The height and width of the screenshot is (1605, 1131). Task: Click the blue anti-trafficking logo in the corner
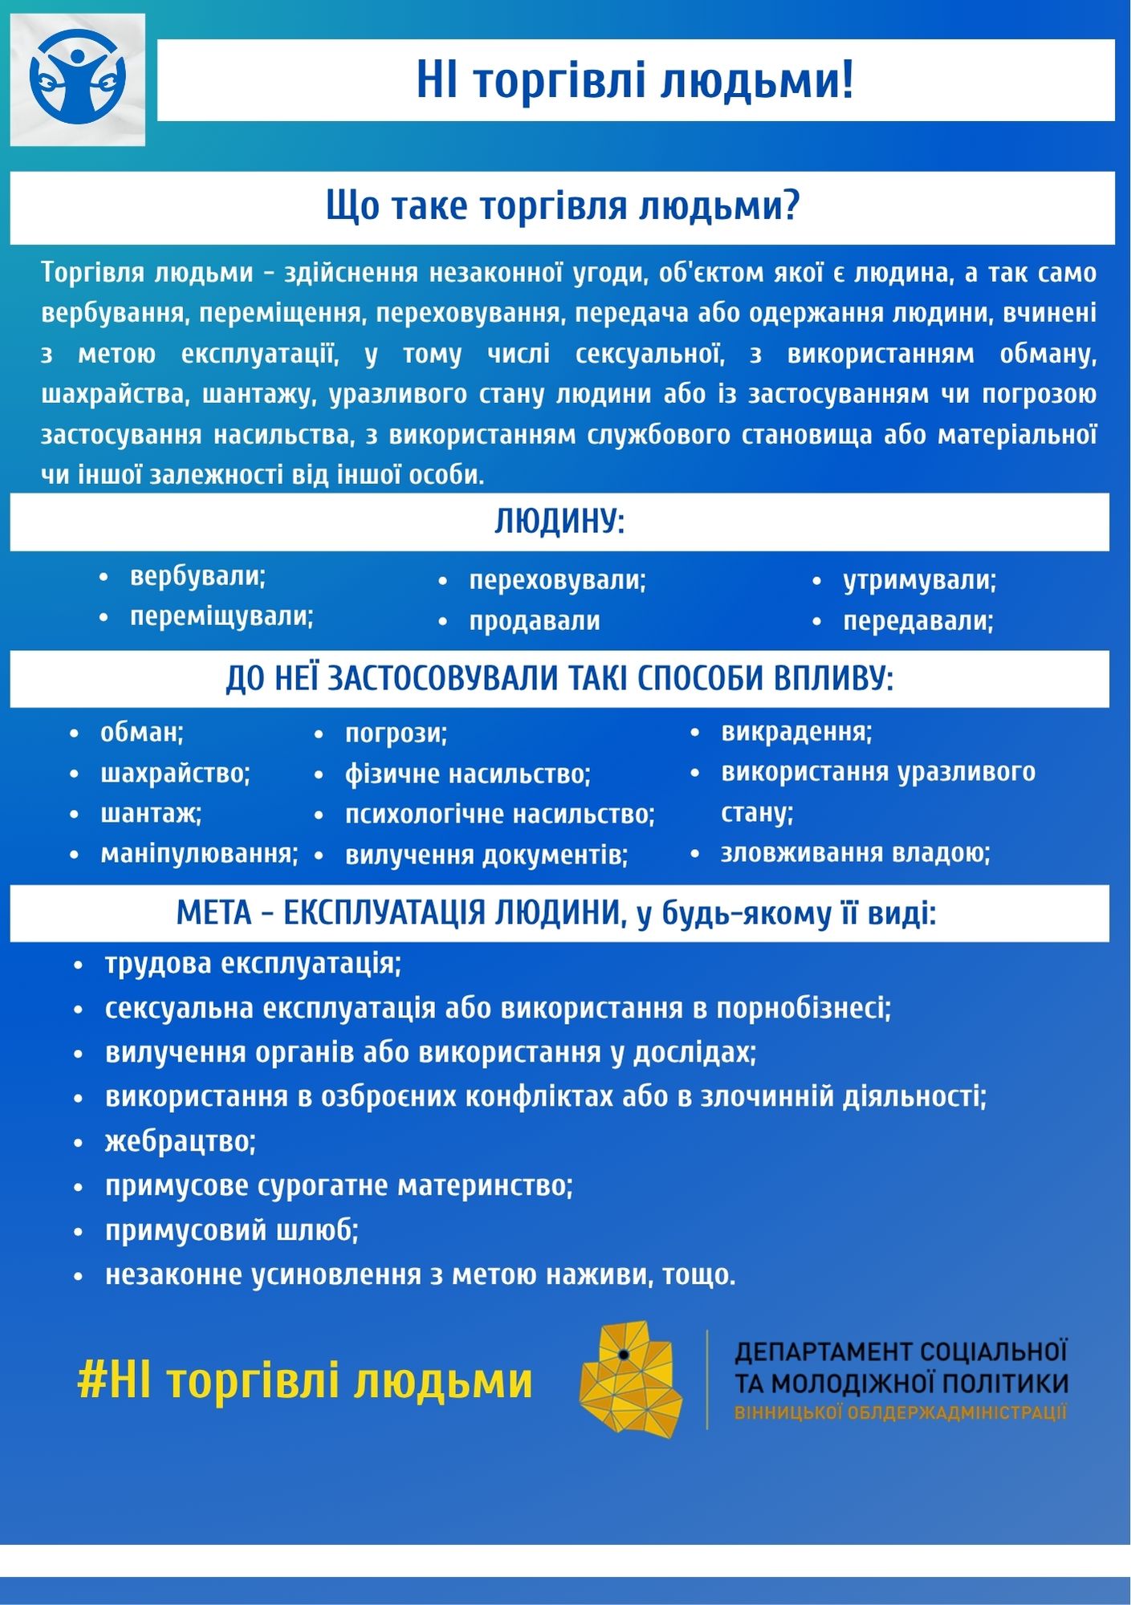pyautogui.click(x=77, y=79)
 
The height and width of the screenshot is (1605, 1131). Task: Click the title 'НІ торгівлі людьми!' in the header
pyautogui.click(x=634, y=80)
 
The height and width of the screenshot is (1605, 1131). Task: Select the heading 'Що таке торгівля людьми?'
pyautogui.click(x=562, y=206)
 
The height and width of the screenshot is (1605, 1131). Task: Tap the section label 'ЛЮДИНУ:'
pyautogui.click(x=559, y=522)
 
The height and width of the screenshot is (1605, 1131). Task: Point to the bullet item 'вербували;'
pyautogui.click(x=197, y=576)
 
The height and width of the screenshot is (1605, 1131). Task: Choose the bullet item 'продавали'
pyautogui.click(x=535, y=620)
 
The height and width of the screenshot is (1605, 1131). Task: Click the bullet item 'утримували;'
pyautogui.click(x=919, y=579)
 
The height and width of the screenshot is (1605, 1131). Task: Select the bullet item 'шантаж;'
pyautogui.click(x=151, y=813)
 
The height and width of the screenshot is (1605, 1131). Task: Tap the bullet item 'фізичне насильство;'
pyautogui.click(x=467, y=774)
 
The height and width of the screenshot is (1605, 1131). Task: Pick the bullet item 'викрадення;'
pyautogui.click(x=796, y=731)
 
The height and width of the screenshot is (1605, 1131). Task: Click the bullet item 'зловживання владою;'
pyautogui.click(x=855, y=852)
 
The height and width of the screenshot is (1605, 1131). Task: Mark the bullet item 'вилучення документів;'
pyautogui.click(x=486, y=855)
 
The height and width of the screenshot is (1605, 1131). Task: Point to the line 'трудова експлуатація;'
pyautogui.click(x=253, y=963)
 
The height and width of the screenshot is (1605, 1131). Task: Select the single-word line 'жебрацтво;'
pyautogui.click(x=180, y=1140)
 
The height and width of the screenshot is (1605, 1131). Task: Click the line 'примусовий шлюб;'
pyautogui.click(x=231, y=1229)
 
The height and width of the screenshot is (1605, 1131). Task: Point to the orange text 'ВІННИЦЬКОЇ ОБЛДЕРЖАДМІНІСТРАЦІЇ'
pyautogui.click(x=900, y=1413)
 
